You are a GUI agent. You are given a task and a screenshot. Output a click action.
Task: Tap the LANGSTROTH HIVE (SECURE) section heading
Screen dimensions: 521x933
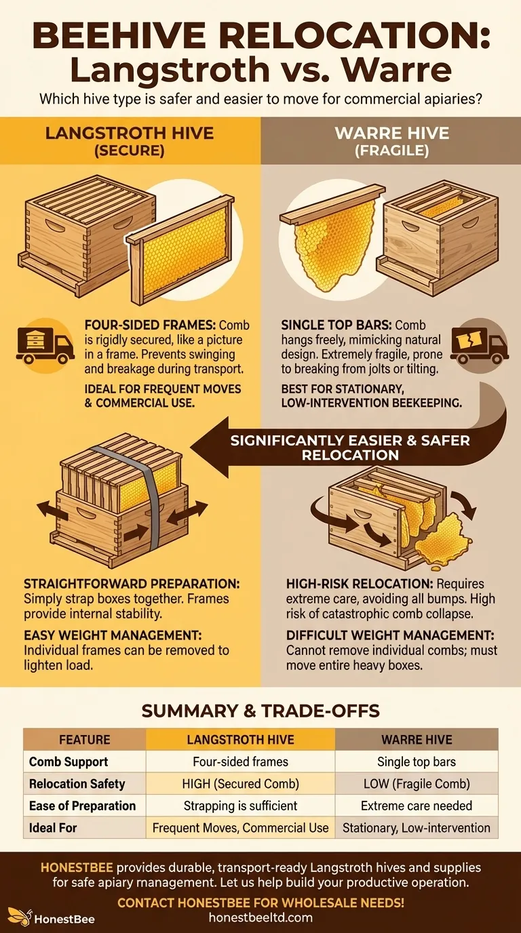tap(130, 142)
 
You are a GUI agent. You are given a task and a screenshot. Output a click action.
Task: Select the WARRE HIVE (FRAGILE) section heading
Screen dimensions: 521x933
tap(392, 142)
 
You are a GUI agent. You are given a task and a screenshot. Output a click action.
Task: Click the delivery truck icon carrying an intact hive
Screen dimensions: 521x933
tap(45, 345)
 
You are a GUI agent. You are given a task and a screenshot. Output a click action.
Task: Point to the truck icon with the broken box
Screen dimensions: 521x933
tap(480, 345)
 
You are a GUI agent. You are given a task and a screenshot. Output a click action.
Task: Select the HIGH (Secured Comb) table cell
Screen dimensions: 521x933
tap(241, 783)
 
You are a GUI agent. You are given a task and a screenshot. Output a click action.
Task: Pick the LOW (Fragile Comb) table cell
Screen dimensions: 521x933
tap(417, 783)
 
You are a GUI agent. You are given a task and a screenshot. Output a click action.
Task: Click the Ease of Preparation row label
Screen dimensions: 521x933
tap(82, 806)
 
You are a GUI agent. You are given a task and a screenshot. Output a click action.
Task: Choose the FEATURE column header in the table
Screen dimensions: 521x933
tap(85, 739)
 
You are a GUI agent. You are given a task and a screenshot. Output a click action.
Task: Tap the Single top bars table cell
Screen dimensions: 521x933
tap(417, 761)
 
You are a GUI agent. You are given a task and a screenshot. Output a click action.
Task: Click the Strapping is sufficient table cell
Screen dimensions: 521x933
tap(241, 806)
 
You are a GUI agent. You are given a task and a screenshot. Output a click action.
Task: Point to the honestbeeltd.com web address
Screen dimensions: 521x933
tap(260, 917)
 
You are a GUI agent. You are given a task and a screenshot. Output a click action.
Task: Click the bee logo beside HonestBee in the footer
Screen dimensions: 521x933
tap(20, 915)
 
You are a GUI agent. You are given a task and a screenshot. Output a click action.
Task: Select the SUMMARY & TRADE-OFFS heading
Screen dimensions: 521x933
tap(260, 711)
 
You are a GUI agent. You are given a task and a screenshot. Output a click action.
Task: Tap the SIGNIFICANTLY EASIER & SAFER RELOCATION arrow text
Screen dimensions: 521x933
tap(350, 448)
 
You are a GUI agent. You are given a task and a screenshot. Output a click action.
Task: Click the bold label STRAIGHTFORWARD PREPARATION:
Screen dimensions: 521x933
tap(132, 584)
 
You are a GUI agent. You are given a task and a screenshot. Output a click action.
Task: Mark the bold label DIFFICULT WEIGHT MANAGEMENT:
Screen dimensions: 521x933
tap(390, 635)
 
